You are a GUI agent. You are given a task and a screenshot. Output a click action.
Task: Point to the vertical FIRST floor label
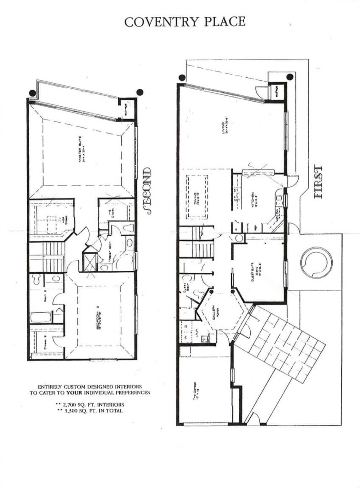pyautogui.click(x=318, y=182)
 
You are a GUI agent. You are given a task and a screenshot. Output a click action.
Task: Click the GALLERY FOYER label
pyautogui.click(x=215, y=313)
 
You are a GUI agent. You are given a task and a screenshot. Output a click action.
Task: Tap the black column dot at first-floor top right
pyautogui.click(x=290, y=77)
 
